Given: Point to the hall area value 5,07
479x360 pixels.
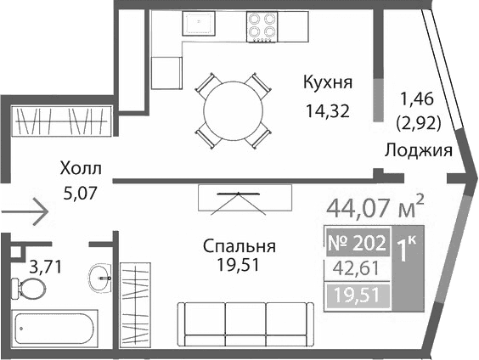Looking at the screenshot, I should (81, 192).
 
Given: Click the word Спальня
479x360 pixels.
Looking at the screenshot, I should (239, 246).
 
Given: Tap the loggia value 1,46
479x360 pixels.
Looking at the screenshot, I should (417, 98).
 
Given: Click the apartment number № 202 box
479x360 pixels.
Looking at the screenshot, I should (357, 242).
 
